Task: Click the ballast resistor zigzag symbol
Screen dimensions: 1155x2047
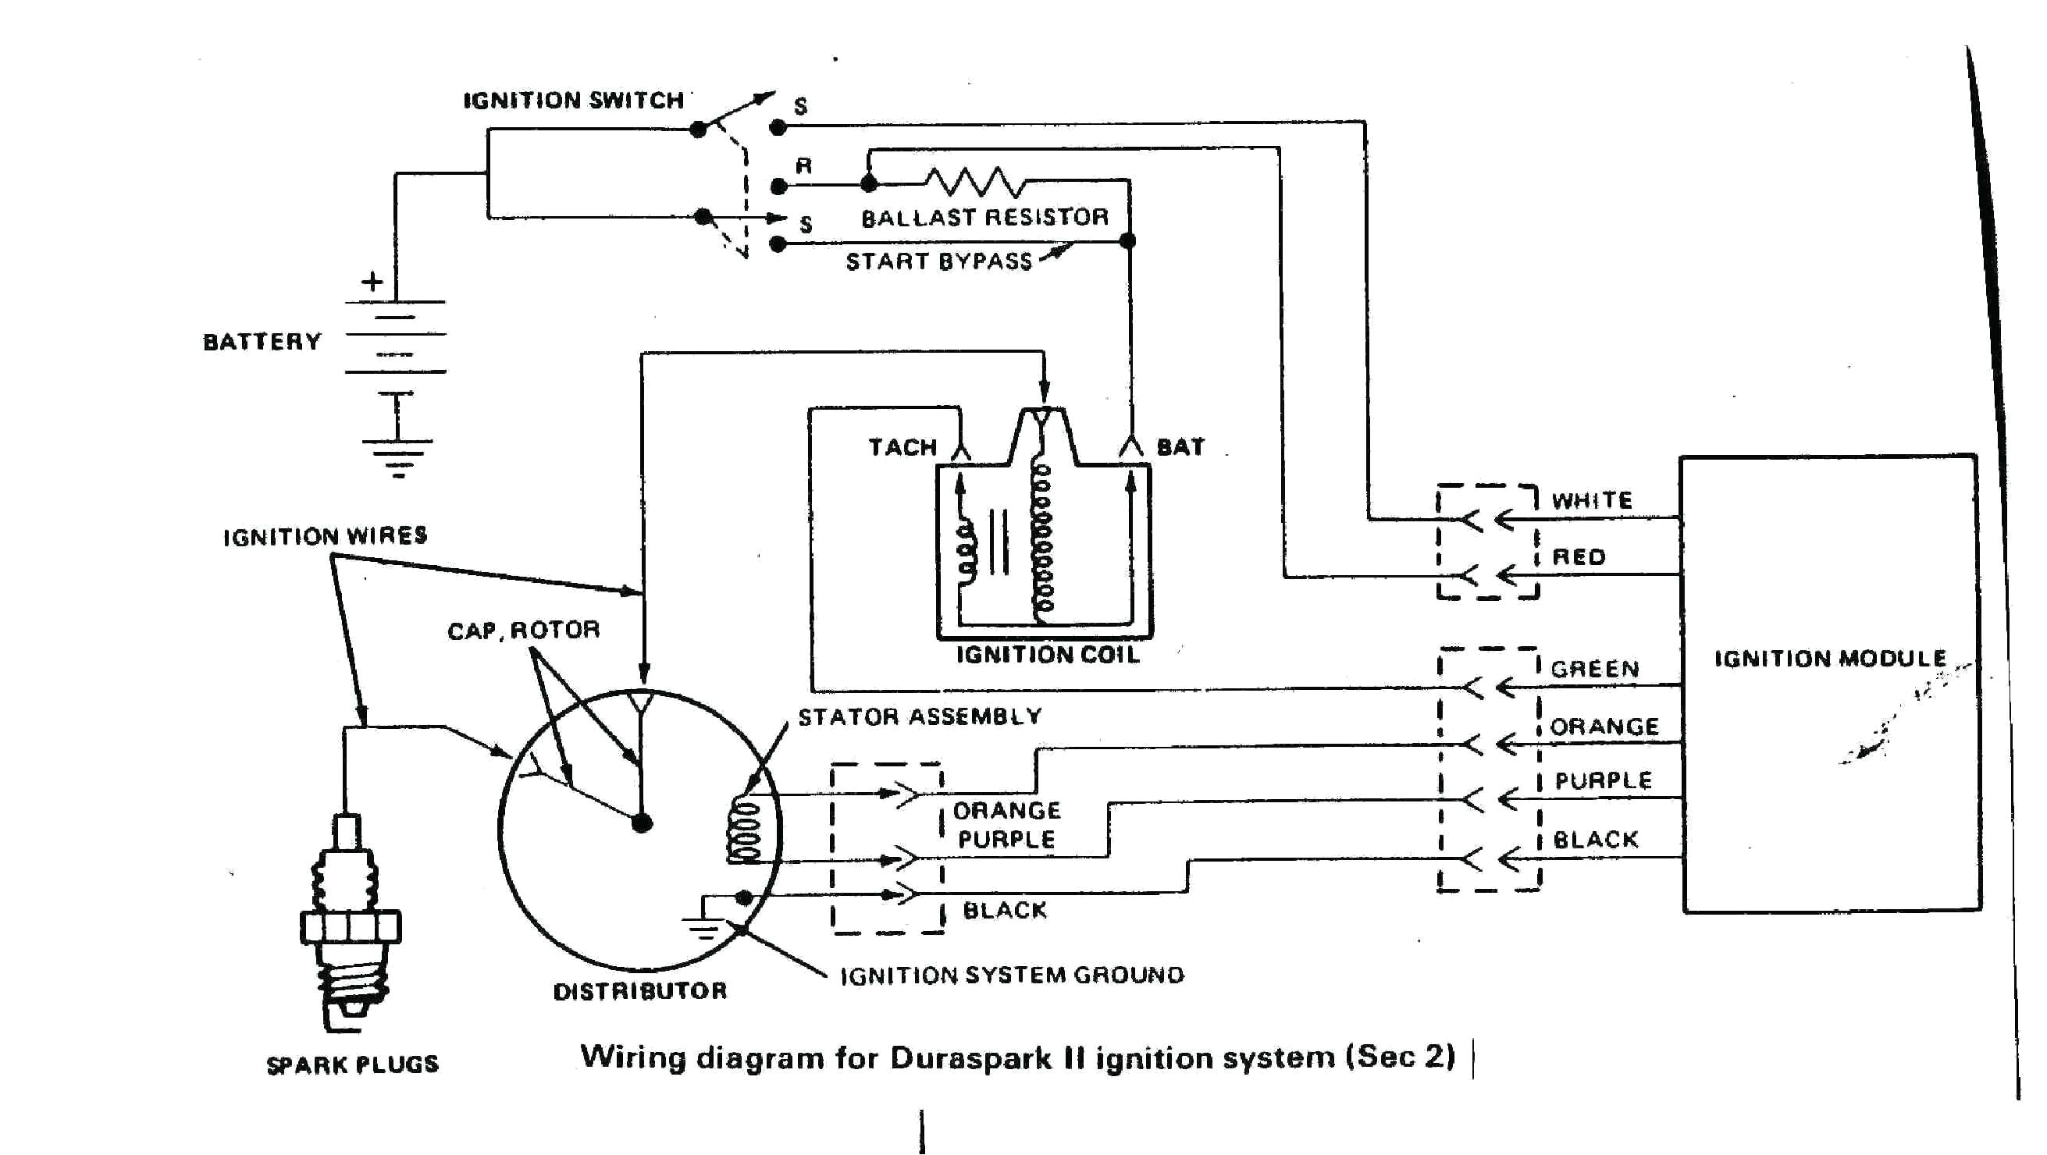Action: coord(976,182)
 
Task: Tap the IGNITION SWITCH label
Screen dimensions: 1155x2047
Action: coord(573,101)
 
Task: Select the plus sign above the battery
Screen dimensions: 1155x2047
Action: coord(372,281)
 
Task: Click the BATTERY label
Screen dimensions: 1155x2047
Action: coord(262,342)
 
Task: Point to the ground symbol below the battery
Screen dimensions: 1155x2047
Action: coord(397,457)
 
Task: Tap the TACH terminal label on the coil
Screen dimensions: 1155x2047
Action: coord(902,447)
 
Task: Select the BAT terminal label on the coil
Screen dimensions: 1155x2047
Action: coord(1180,447)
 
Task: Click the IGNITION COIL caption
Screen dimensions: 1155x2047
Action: coord(1048,655)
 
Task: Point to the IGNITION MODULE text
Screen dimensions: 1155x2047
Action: coord(1830,659)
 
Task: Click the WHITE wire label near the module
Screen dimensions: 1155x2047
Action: coord(1593,500)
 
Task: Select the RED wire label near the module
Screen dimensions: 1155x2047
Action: coord(1579,557)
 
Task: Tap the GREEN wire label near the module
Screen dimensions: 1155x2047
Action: coord(1595,669)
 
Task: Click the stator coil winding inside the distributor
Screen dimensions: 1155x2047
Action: coord(745,831)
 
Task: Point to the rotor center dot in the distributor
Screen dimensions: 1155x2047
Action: coord(642,823)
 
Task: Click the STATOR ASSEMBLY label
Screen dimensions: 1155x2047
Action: coord(920,716)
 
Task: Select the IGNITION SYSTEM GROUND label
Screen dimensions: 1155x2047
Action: coord(1012,975)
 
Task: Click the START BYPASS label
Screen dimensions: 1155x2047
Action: coord(938,261)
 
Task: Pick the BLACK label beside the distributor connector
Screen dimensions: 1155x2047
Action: coord(1005,909)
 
